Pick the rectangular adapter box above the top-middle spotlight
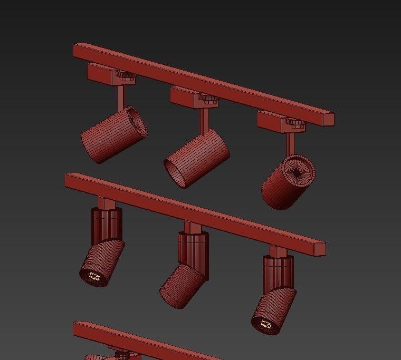tap(185, 96)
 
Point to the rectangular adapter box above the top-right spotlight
tap(272, 120)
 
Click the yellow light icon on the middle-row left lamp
tap(94, 276)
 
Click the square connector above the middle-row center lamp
tap(192, 228)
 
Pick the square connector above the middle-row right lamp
tap(278, 251)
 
